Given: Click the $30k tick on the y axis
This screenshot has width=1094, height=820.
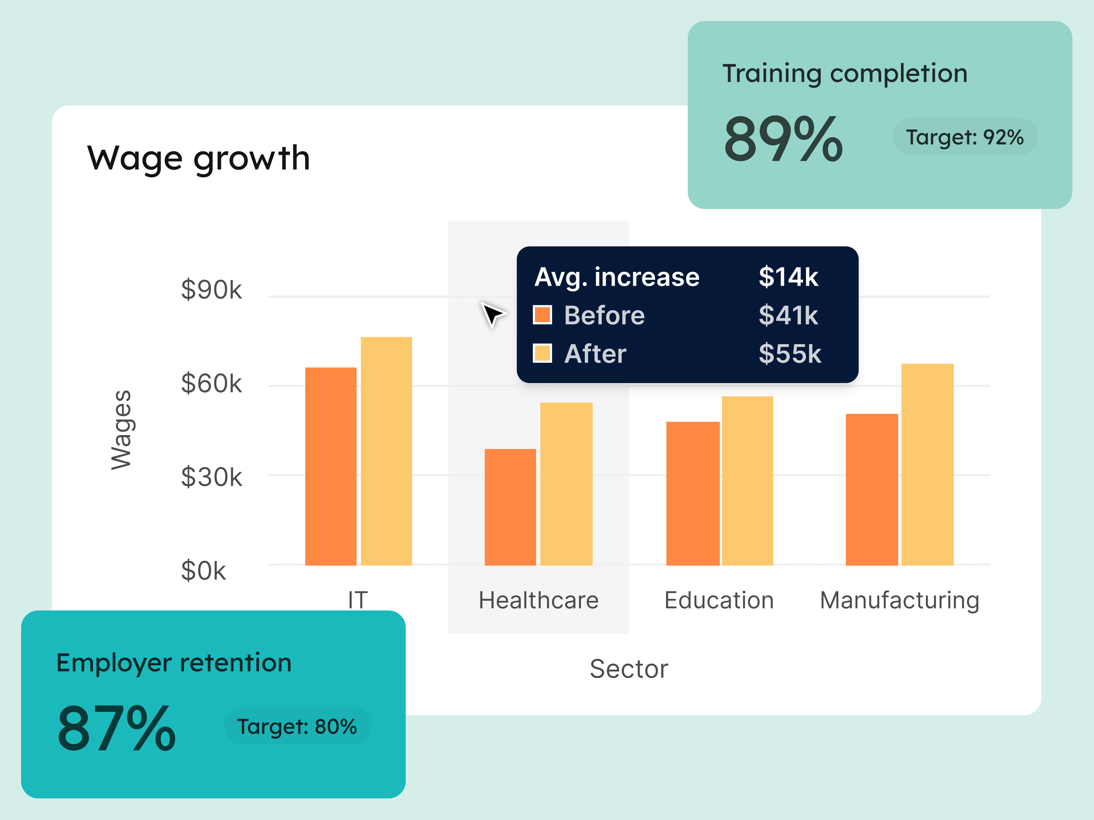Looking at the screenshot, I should [211, 478].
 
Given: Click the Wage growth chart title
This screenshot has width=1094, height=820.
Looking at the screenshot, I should [198, 159].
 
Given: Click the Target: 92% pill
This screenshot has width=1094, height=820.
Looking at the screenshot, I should [964, 137].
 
